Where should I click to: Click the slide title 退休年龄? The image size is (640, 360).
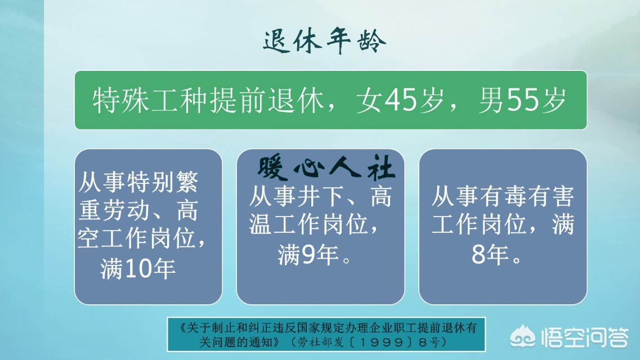click(325, 42)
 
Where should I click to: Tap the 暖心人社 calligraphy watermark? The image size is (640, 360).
click(326, 168)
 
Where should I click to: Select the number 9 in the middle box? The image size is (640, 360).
click(307, 256)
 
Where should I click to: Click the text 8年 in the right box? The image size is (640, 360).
click(495, 256)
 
